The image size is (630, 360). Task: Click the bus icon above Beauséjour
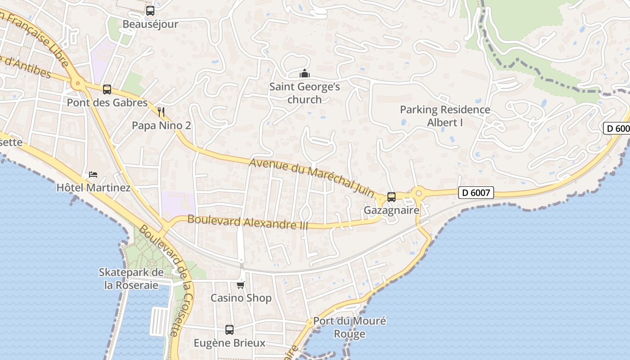(x=150, y=11)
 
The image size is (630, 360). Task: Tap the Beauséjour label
(x=150, y=24)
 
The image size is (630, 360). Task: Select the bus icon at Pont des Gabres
(x=107, y=90)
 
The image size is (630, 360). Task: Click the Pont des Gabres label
(x=107, y=103)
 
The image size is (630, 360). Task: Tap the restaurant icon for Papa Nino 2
(x=161, y=112)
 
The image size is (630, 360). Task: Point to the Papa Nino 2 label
(x=161, y=126)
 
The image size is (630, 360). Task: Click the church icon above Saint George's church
(x=305, y=73)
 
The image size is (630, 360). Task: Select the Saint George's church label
(x=305, y=93)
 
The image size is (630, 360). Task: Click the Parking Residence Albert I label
(x=445, y=116)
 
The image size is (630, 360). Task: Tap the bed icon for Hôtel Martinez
(x=93, y=174)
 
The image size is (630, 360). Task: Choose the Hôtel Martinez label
(x=93, y=188)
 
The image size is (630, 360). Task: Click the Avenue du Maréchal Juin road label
(x=311, y=177)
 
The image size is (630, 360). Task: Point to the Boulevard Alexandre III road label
(x=247, y=222)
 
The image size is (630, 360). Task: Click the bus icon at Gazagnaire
(x=391, y=197)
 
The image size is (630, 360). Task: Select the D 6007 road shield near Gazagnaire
(x=476, y=193)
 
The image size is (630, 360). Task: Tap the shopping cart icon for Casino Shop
(x=241, y=285)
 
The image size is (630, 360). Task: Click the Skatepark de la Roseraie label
(x=131, y=279)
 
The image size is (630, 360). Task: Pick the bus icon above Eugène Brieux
(x=229, y=330)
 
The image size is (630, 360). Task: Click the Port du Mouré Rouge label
(x=350, y=327)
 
